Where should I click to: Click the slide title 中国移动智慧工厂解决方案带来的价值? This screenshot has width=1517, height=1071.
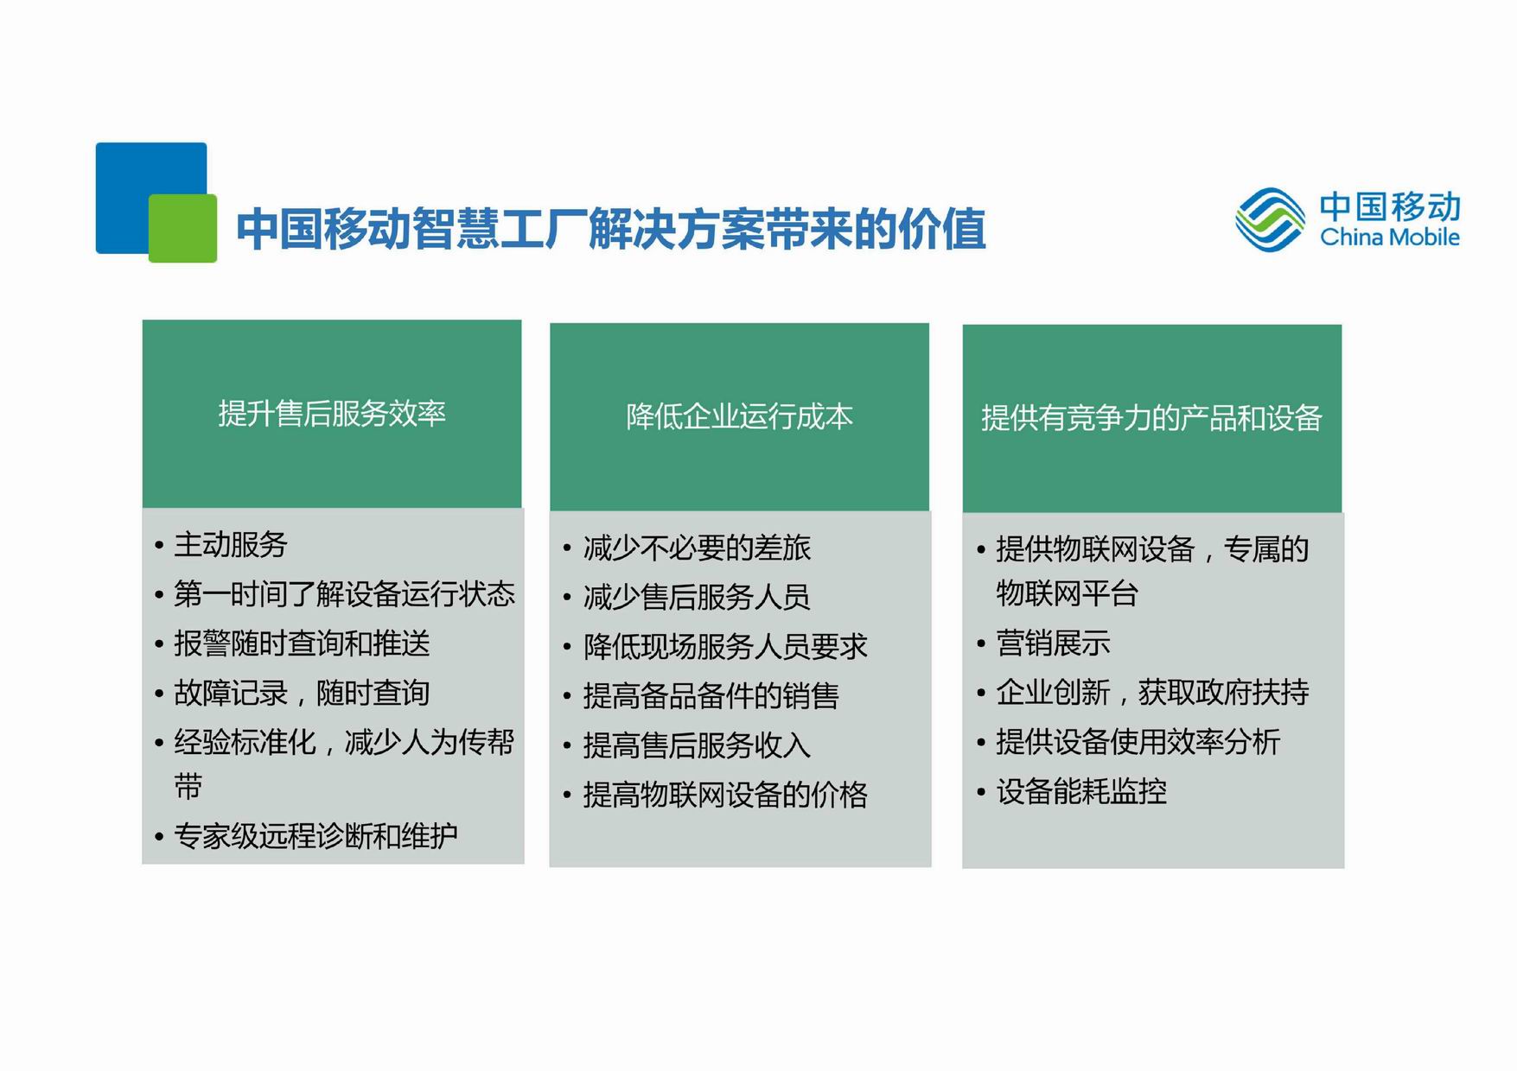click(611, 228)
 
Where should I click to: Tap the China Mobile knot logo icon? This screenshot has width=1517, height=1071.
click(1270, 219)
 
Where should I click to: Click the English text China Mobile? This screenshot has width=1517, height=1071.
click(1390, 237)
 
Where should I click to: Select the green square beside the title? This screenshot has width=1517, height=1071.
click(182, 228)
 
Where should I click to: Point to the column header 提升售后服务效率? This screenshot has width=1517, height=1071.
click(332, 414)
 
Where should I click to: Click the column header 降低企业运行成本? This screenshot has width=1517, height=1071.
click(740, 417)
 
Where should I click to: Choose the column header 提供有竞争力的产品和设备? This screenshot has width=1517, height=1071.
click(1151, 418)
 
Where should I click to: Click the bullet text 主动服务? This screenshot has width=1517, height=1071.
click(231, 544)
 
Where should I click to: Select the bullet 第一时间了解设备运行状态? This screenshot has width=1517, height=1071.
click(344, 593)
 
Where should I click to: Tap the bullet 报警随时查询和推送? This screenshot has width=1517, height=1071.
click(302, 643)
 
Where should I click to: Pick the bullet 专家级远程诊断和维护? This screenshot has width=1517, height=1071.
click(316, 835)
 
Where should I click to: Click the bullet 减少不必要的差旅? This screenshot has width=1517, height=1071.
click(697, 548)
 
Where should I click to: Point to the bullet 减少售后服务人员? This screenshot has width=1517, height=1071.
click(697, 597)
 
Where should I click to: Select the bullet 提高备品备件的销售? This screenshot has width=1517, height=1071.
click(711, 695)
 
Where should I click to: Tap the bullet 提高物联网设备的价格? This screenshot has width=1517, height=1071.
click(725, 795)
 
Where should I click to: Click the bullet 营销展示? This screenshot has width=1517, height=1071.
click(1053, 643)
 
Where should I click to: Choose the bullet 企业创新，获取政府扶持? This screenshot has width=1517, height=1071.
click(1152, 692)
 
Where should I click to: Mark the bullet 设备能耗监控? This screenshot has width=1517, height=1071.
click(1081, 791)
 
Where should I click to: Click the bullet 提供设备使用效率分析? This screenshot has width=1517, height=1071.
click(1138, 742)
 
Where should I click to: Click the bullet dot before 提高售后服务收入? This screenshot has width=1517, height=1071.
click(567, 745)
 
